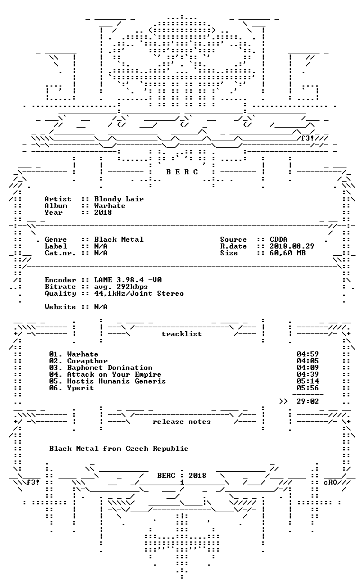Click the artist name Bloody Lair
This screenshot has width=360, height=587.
pos(119,199)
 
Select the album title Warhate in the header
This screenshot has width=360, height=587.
pos(109,206)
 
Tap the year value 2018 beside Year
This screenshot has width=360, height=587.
pos(102,213)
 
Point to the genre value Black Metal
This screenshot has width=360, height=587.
pos(119,239)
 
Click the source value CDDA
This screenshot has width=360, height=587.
pos(278,239)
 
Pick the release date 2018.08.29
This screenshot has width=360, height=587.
pos(292,246)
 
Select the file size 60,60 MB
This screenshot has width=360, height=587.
pos(287,252)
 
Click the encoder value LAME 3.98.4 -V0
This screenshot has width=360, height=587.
pos(128,279)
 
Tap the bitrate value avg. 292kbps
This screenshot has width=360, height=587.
pos(120,287)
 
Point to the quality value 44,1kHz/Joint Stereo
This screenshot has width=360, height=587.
pos(139,293)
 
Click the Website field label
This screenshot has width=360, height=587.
pos(60,307)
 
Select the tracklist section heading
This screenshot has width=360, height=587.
pos(182,334)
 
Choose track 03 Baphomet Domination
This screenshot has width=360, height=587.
pos(100,368)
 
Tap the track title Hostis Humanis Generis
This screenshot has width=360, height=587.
pos(116,381)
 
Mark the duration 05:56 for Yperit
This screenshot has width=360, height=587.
pos(308,388)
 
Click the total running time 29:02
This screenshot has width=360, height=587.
pos(308,401)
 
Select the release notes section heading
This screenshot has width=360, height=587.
pos(182,422)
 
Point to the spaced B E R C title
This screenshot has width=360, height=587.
pos(182,172)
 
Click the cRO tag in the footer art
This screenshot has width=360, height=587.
pos(330,482)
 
